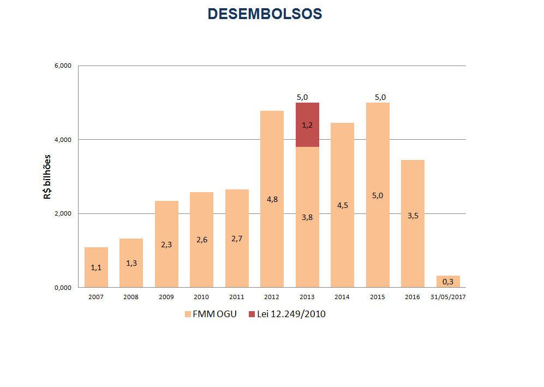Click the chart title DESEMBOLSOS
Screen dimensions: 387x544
coord(265,14)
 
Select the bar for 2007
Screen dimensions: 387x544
coord(96,267)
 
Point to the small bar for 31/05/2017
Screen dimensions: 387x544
coord(448,281)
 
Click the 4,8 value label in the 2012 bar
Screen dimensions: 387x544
coord(272,199)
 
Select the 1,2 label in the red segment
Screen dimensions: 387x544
coord(307,125)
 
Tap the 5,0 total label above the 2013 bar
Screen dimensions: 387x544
coord(302,97)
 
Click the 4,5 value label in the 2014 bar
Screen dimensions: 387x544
coord(343,205)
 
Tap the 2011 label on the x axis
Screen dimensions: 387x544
coord(237,297)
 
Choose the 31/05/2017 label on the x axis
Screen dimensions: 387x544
coord(448,297)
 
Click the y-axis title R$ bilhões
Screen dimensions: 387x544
coord(47,176)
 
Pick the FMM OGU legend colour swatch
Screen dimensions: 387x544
coord(188,314)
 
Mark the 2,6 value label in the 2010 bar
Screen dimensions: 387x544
coord(202,239)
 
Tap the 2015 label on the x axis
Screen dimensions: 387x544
coord(378,297)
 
